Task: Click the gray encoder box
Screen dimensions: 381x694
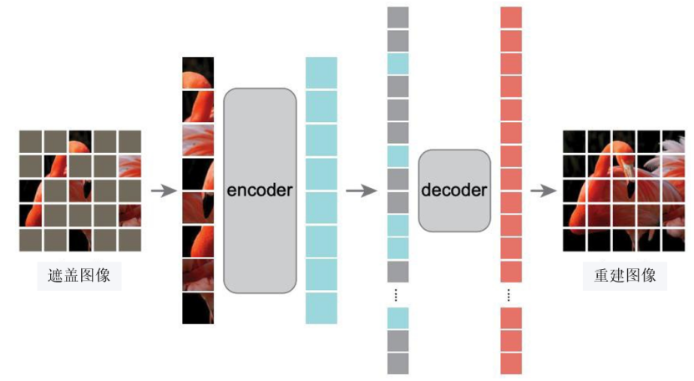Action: (260, 190)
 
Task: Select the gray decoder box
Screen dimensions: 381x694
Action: (454, 190)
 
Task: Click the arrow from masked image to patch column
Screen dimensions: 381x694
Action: (163, 191)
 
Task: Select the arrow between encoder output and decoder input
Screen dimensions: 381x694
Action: (361, 191)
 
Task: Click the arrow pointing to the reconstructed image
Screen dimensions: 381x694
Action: (544, 191)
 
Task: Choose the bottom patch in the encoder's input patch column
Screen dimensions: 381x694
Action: (198, 308)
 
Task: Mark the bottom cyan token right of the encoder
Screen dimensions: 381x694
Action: (322, 308)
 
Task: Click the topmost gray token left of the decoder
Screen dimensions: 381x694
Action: (398, 18)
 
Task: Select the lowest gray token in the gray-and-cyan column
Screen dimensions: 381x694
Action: (398, 363)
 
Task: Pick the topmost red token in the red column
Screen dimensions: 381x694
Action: (511, 18)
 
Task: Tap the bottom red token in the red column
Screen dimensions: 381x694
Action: (511, 363)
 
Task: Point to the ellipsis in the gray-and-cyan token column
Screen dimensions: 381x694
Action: (398, 295)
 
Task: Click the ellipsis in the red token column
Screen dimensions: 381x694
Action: (511, 295)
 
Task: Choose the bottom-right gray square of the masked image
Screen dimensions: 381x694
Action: (129, 240)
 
